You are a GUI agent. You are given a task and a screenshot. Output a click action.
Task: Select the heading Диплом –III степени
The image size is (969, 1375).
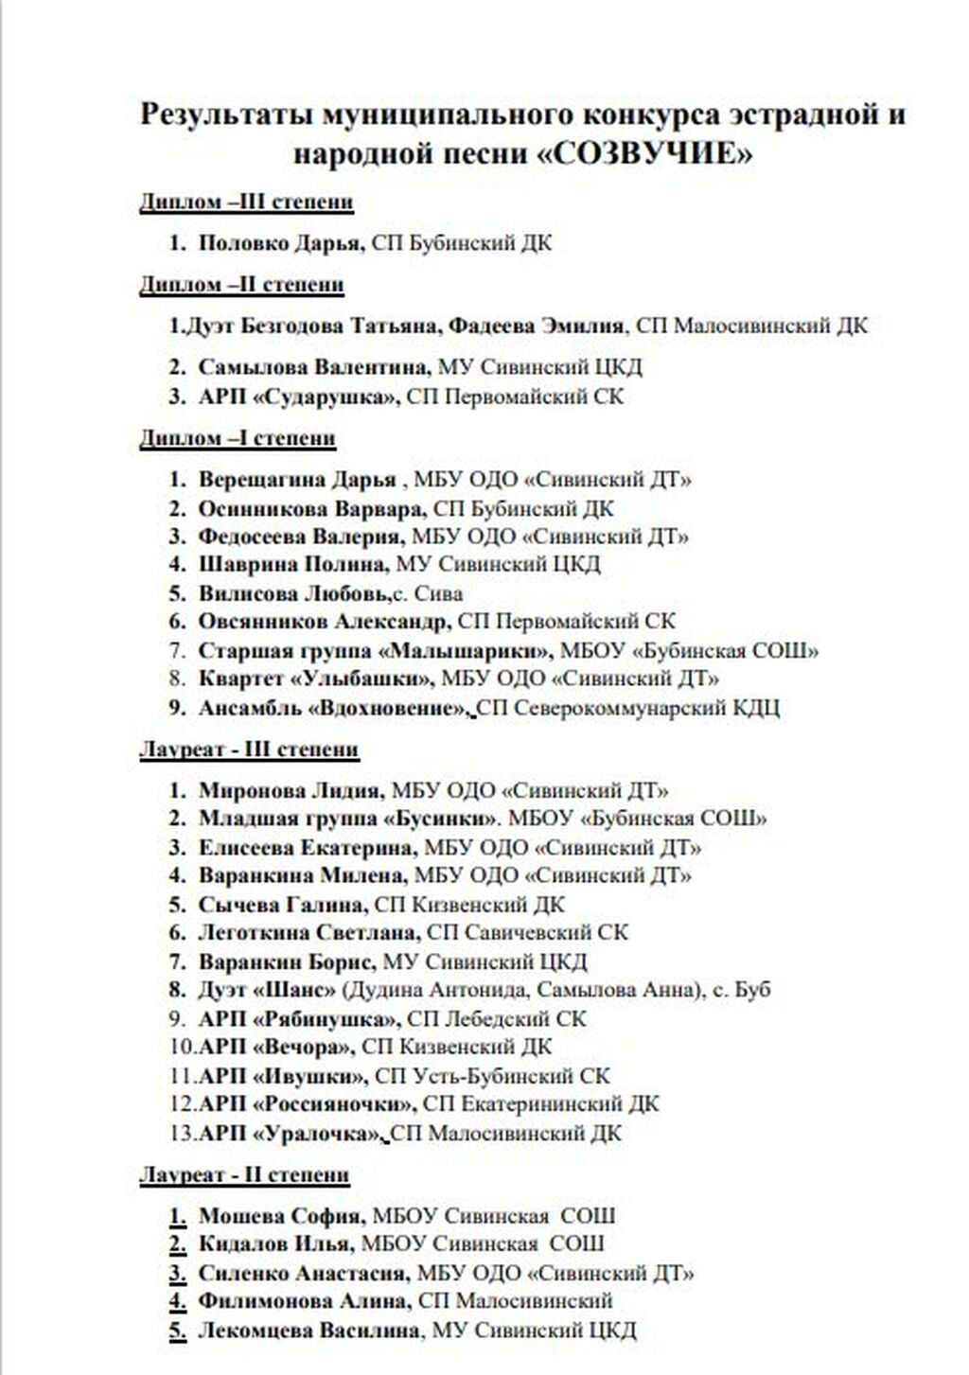[x=246, y=202]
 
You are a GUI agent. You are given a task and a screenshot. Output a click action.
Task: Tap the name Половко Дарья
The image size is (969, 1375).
[x=279, y=243]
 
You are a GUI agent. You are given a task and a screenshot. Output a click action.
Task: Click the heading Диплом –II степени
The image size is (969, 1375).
[x=241, y=285]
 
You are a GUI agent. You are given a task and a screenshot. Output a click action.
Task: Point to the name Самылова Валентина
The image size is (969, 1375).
[x=312, y=367]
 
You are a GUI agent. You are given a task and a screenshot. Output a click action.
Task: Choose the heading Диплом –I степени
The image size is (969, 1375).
[x=238, y=438]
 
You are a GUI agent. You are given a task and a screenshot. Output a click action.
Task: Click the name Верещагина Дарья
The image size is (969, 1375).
[x=297, y=480]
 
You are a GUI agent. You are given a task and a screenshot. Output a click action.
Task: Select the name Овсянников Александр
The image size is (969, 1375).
[x=324, y=622]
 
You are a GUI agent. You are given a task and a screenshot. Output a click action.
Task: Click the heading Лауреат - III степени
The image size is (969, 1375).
[x=249, y=749]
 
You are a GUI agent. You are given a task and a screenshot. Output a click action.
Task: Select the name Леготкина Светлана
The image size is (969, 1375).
[x=308, y=933]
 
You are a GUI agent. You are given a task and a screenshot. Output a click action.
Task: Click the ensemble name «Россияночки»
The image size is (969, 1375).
[x=334, y=1103]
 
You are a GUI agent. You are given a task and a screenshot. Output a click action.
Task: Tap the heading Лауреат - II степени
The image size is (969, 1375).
[x=244, y=1175]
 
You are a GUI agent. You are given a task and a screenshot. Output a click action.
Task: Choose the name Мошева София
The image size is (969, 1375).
[x=280, y=1216]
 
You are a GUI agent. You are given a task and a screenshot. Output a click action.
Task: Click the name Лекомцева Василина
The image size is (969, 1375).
[x=308, y=1330]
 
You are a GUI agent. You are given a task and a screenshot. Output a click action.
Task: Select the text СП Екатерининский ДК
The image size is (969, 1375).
[x=541, y=1103]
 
